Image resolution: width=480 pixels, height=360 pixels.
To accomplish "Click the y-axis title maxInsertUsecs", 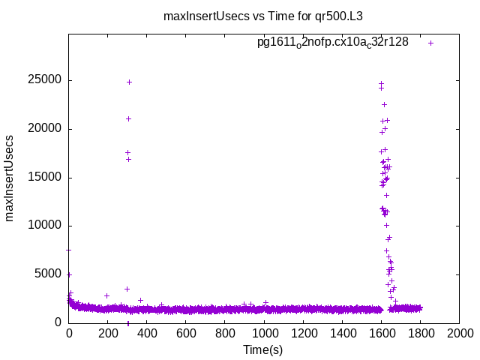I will click(x=10, y=178).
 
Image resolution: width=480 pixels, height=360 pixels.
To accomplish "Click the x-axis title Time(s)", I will click(x=263, y=349).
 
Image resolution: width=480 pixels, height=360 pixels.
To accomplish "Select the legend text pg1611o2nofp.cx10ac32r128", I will click(x=332, y=42).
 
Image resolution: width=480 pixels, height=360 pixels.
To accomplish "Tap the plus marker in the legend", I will click(x=430, y=43).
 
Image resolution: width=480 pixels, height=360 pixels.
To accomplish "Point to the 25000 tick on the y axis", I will click(x=47, y=80).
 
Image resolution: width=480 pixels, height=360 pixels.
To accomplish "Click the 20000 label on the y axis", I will click(x=47, y=129).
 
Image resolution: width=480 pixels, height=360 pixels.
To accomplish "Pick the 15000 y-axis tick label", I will click(x=47, y=178).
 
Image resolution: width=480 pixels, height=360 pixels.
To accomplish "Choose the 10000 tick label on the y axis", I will click(x=47, y=226).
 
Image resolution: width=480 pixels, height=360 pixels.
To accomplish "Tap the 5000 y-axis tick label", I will click(x=50, y=274).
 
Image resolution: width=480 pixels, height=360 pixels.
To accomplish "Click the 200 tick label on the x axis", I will click(x=147, y=333).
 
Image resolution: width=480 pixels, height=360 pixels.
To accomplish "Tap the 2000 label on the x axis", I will click(x=459, y=333).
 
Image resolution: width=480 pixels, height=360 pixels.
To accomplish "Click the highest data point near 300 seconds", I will click(x=129, y=82).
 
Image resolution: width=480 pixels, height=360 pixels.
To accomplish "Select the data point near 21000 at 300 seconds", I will click(x=128, y=118).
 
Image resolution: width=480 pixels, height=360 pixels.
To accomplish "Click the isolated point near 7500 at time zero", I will click(x=69, y=250).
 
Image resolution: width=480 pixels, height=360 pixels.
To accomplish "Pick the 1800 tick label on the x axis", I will click(x=420, y=333).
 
